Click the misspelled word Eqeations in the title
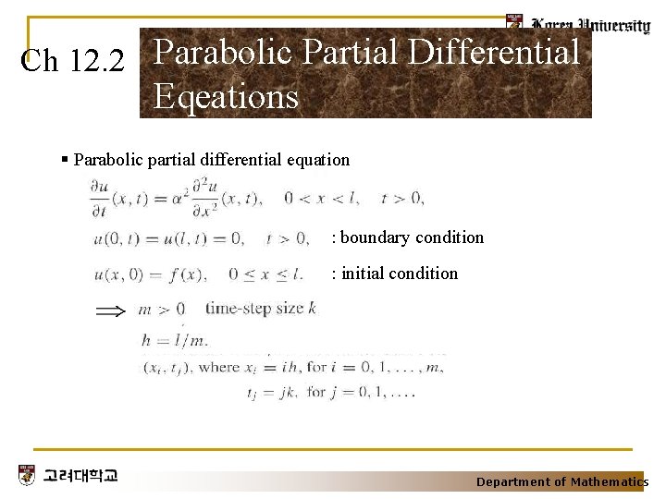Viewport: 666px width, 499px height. (226, 96)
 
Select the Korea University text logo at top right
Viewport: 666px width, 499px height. (588, 25)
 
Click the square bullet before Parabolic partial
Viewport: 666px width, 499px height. (64, 159)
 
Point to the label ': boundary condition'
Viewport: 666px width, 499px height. (408, 237)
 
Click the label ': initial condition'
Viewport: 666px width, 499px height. (395, 274)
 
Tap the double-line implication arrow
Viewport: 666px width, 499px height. (111, 310)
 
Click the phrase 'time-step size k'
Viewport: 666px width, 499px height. (260, 309)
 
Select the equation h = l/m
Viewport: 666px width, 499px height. (175, 340)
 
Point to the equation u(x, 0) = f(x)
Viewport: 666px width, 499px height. (151, 274)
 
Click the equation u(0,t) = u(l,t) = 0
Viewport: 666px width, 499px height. (168, 238)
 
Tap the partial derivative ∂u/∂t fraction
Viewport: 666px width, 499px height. (99, 196)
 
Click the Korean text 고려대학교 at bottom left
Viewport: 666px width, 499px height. (80, 477)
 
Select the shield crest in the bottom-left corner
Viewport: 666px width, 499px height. (27, 476)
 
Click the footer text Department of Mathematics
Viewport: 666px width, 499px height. (561, 481)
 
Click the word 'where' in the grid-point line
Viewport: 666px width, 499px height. (219, 368)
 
